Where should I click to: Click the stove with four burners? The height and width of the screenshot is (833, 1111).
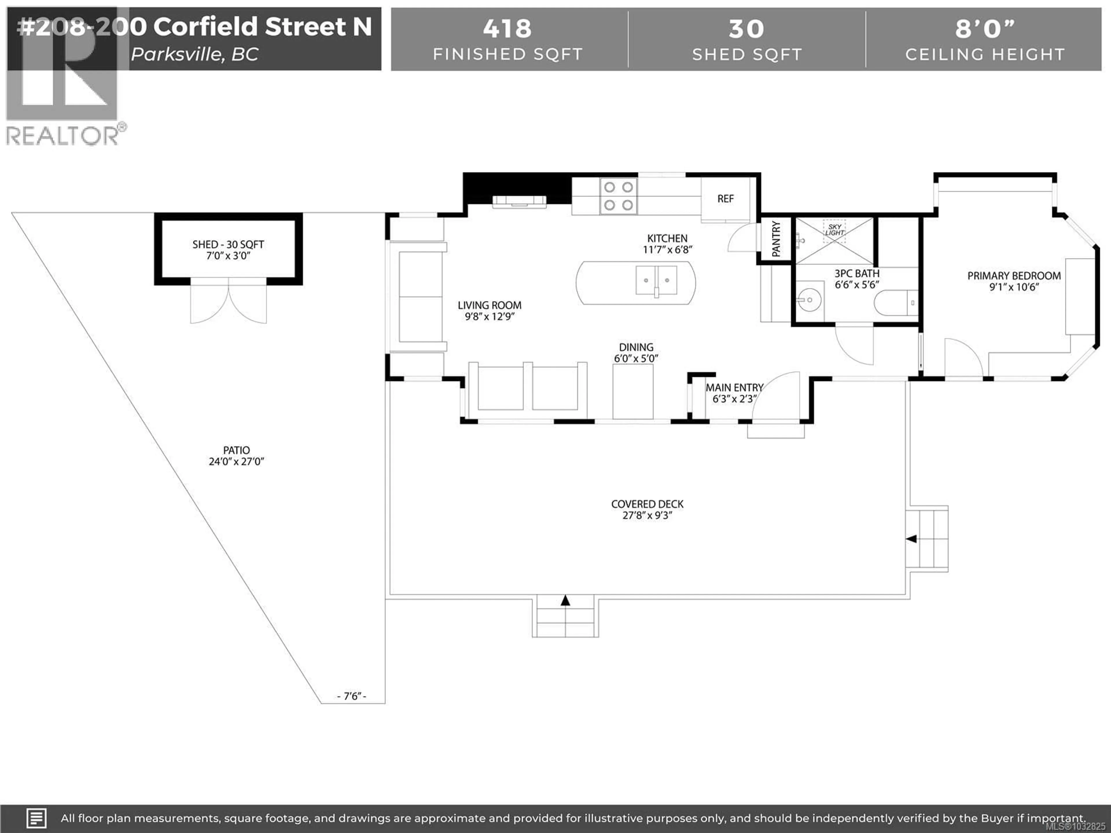[618, 196]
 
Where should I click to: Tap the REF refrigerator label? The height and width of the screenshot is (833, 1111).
[725, 199]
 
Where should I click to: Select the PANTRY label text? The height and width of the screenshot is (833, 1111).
[776, 239]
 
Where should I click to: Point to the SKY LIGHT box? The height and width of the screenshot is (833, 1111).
[834, 231]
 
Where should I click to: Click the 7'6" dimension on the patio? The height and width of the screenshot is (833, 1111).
[352, 696]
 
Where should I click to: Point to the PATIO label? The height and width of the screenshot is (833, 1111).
[236, 450]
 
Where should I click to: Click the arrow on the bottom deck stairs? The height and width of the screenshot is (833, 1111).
[566, 600]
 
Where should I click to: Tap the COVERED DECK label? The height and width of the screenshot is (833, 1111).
[648, 504]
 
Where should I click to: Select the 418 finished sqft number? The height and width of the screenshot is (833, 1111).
[507, 29]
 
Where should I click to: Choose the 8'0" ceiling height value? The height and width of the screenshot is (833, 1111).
[985, 29]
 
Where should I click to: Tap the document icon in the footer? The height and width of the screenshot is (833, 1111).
[36, 819]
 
